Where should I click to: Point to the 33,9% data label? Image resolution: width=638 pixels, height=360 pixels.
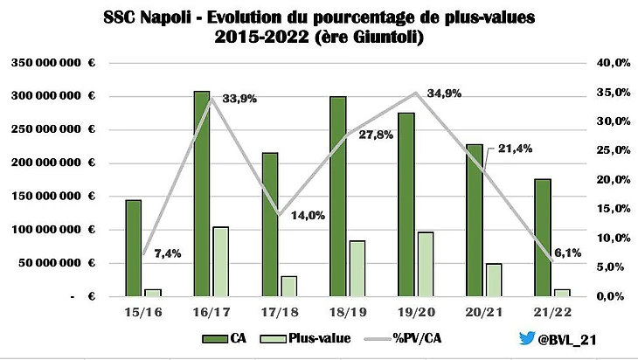pos(239,99)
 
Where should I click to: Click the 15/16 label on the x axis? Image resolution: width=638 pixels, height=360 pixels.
pos(142,309)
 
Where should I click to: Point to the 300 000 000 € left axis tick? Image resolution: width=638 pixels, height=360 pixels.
pos(52,95)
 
